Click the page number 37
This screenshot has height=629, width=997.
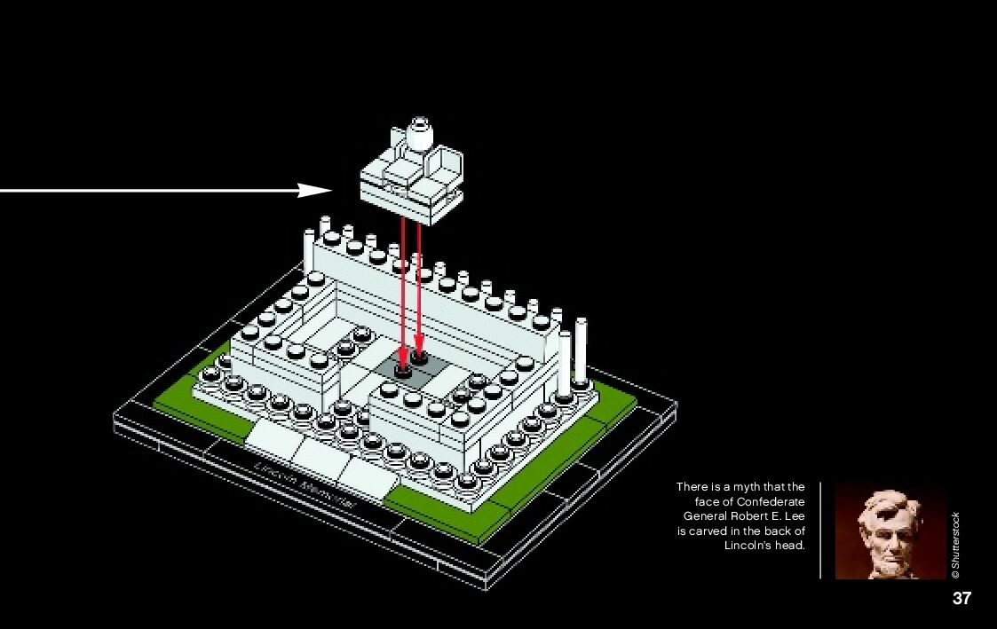click(x=961, y=598)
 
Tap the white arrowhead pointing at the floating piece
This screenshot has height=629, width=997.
click(x=315, y=190)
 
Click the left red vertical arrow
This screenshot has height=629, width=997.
click(x=402, y=293)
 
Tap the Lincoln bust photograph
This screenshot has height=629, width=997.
click(x=890, y=531)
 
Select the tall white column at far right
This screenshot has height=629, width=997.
click(x=582, y=350)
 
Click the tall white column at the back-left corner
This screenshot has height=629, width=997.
click(x=309, y=253)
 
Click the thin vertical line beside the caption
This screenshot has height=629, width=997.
click(x=820, y=530)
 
